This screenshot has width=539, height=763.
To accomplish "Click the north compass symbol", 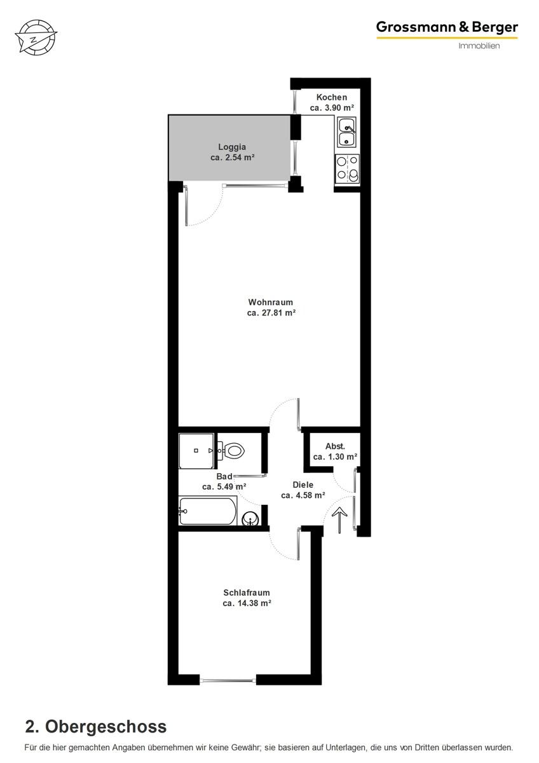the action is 36,37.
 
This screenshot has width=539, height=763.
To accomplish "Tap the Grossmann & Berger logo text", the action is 447,27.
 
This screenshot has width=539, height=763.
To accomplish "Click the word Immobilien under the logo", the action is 479,46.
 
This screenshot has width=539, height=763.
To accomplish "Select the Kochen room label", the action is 332,97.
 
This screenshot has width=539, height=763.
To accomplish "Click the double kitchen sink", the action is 347,132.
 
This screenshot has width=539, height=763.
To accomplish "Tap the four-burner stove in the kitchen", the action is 347,169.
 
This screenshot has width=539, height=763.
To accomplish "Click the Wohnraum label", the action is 271,302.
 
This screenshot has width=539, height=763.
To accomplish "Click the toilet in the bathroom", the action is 231,451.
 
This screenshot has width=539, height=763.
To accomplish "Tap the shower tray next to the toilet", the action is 196,451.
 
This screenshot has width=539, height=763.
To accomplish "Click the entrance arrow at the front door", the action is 339,519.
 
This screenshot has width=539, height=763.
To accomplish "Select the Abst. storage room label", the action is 335,446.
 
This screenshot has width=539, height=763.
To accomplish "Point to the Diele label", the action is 303,485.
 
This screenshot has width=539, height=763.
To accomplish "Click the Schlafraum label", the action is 247,593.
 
